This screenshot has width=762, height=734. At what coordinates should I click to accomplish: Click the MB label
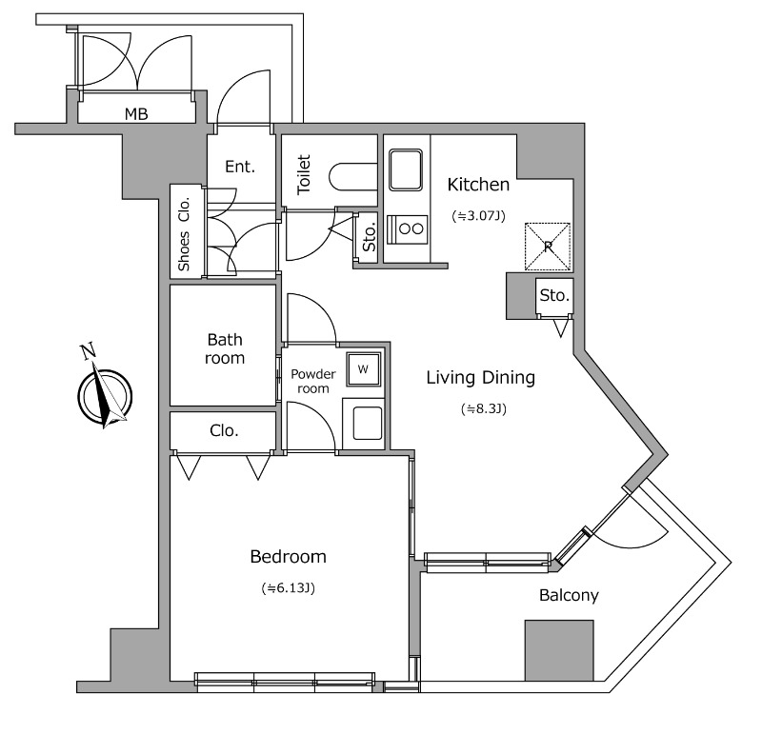point(136,114)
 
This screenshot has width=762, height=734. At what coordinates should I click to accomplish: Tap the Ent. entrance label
point(240,167)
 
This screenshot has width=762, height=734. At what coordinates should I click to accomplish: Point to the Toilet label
point(305,174)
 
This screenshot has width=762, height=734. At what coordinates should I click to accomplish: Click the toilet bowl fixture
point(350,176)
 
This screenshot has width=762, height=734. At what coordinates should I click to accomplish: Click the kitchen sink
point(407,169)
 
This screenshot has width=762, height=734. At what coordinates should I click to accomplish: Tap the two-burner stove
point(412,228)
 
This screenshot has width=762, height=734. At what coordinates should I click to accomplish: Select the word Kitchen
point(478,185)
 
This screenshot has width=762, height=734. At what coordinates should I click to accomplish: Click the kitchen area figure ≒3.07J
point(477,216)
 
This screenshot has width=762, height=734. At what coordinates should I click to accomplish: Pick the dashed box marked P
point(549,246)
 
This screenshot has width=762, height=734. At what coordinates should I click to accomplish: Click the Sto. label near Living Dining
point(554,296)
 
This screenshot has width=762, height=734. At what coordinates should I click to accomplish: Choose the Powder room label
point(313,381)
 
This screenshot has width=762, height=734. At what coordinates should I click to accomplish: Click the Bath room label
point(225,349)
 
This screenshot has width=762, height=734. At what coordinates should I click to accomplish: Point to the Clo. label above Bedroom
point(224,431)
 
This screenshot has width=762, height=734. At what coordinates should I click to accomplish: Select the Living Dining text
point(480,378)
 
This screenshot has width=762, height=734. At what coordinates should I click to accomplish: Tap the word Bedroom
point(288,557)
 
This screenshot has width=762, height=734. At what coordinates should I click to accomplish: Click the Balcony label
point(569,596)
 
